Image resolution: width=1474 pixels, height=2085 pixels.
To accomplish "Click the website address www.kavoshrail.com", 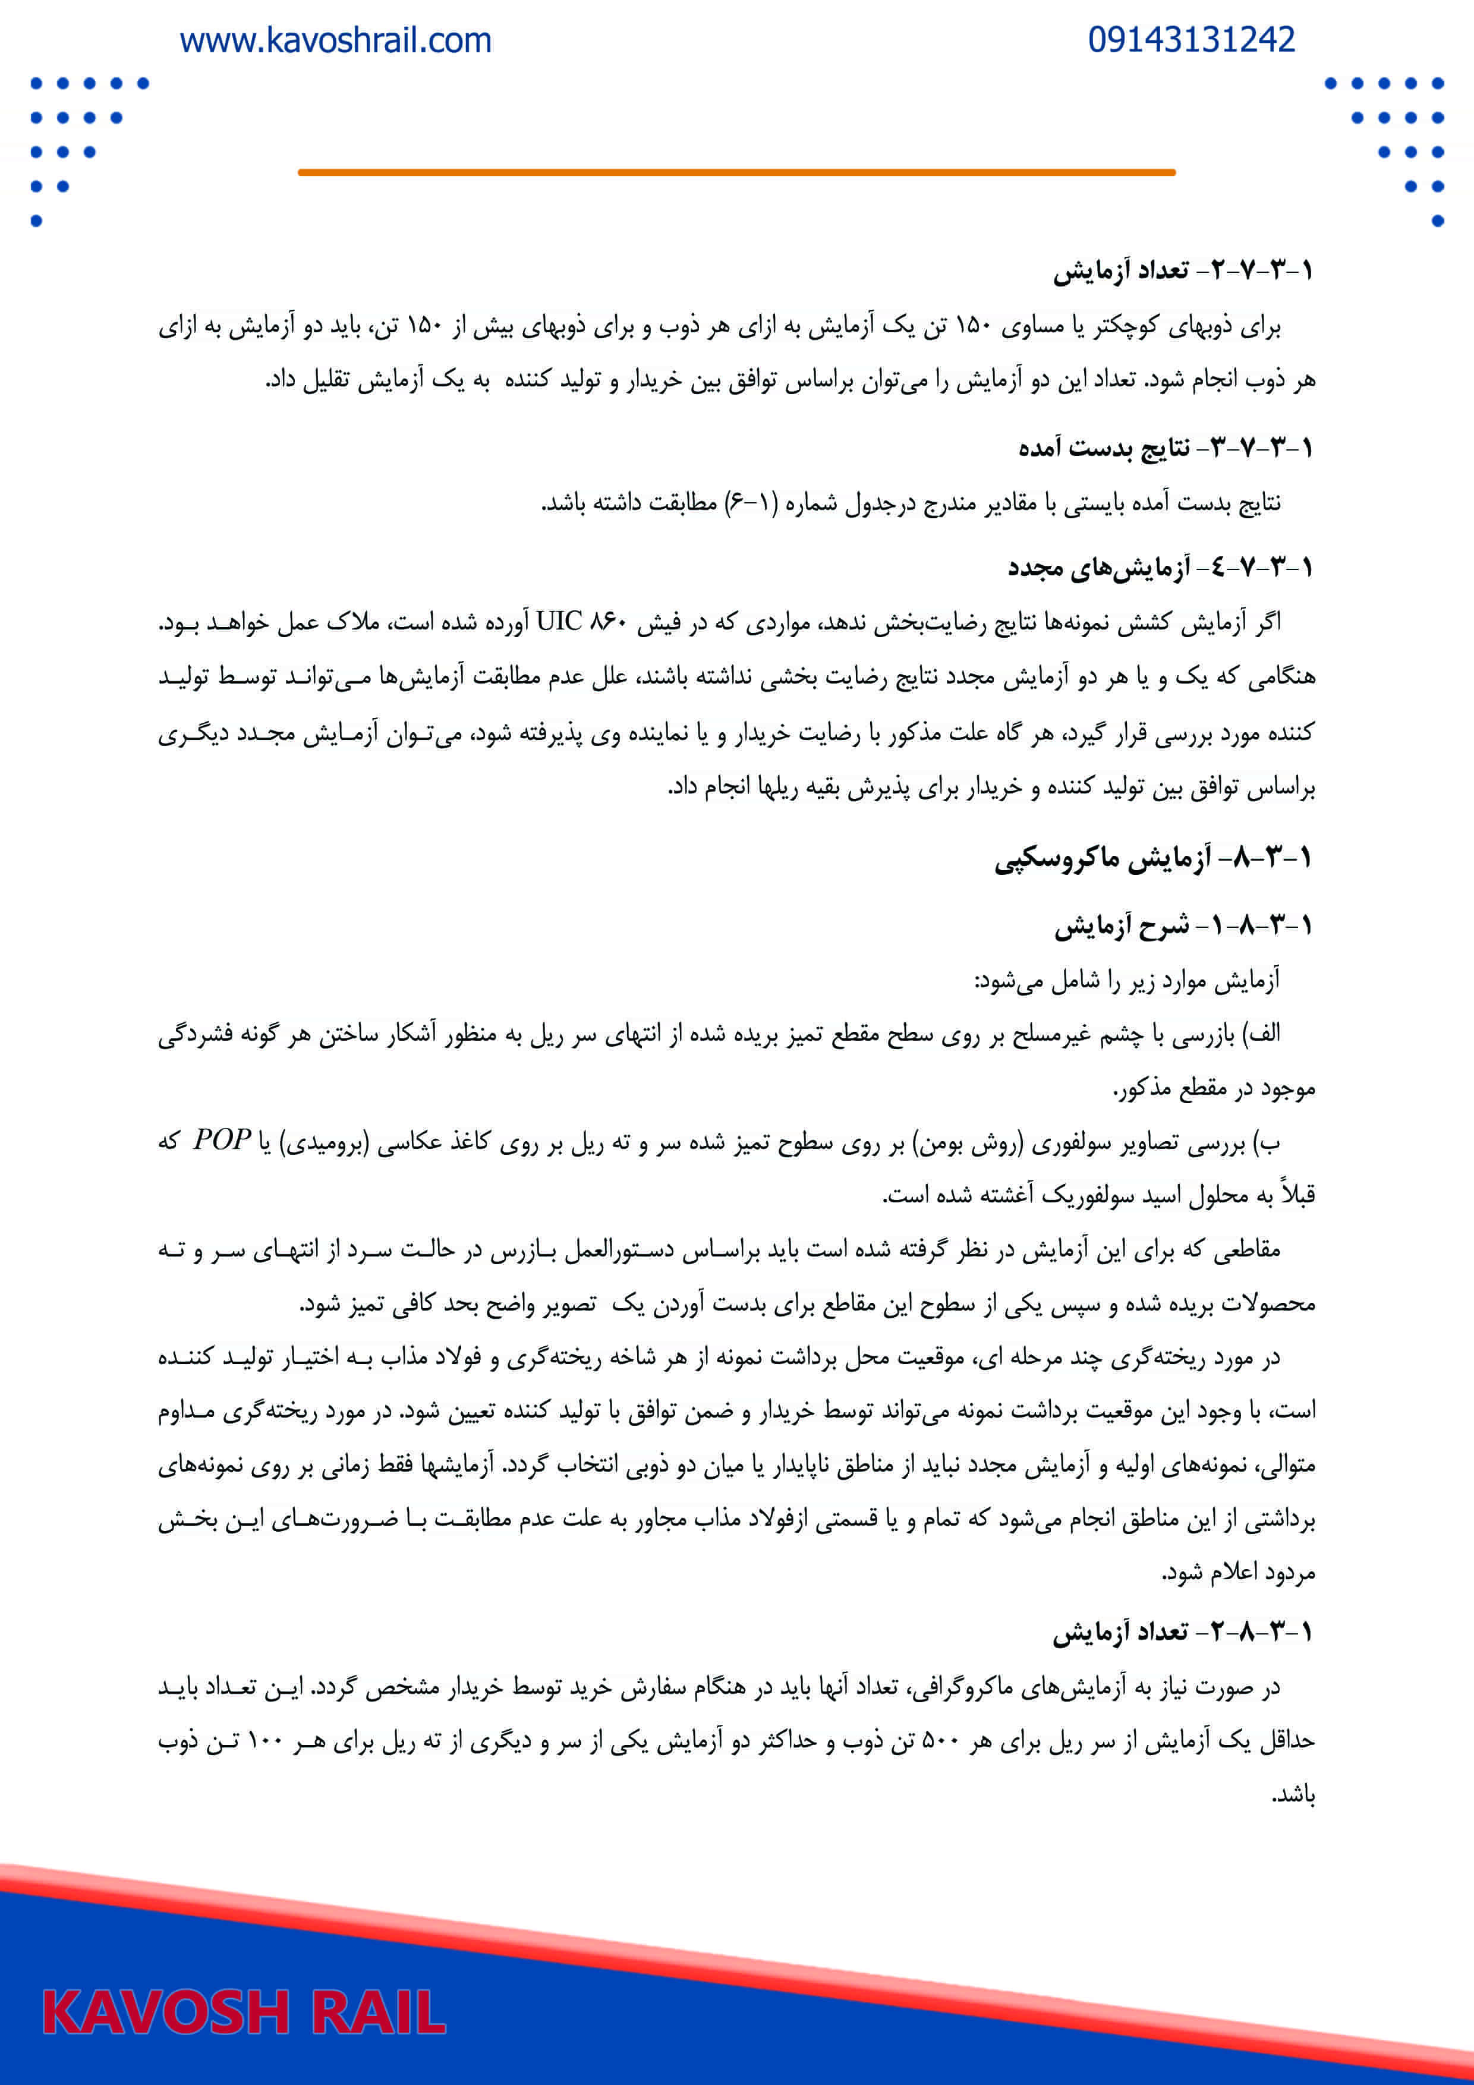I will pyautogui.click(x=335, y=41).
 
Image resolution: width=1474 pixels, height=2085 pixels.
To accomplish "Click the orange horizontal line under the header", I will pyautogui.click(x=736, y=172).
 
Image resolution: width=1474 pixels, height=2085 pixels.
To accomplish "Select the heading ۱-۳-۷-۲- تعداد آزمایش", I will pyautogui.click(x=1183, y=270).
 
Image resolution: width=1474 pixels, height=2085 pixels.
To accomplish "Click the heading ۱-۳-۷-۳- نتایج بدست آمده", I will pyautogui.click(x=1165, y=447).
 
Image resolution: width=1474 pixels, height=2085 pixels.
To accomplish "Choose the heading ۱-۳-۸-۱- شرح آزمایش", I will pyautogui.click(x=1183, y=925).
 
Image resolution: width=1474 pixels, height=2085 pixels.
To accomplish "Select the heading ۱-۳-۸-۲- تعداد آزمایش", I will pyautogui.click(x=1183, y=1633).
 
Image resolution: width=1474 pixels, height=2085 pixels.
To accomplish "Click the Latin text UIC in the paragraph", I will pyautogui.click(x=559, y=622).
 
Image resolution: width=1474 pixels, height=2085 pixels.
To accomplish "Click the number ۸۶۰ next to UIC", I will pyautogui.click(x=609, y=623).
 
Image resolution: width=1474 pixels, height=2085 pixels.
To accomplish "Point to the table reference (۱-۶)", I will pyautogui.click(x=750, y=502).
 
